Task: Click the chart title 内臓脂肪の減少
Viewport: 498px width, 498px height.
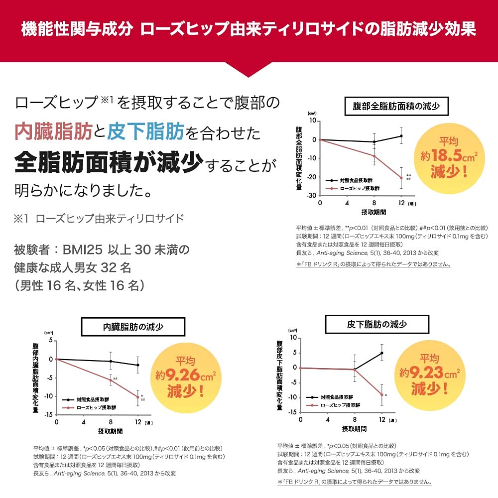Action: (x=133, y=327)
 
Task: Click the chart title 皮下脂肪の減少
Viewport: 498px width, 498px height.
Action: (x=376, y=324)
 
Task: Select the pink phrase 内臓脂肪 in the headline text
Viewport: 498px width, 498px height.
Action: (x=53, y=131)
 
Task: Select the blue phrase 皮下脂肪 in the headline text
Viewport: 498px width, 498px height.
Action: (x=146, y=131)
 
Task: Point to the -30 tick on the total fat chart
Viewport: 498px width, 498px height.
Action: (x=311, y=195)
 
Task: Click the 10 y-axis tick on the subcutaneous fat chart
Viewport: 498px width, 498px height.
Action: (x=293, y=338)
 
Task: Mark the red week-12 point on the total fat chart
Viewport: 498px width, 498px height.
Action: (x=401, y=178)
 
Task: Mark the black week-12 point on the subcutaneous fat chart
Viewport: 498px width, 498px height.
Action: (x=382, y=353)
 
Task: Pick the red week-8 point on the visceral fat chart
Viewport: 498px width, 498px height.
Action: (x=111, y=380)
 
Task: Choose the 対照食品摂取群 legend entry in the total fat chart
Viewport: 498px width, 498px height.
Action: (x=356, y=180)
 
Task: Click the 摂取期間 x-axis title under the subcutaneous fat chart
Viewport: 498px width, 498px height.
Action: (x=355, y=428)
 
